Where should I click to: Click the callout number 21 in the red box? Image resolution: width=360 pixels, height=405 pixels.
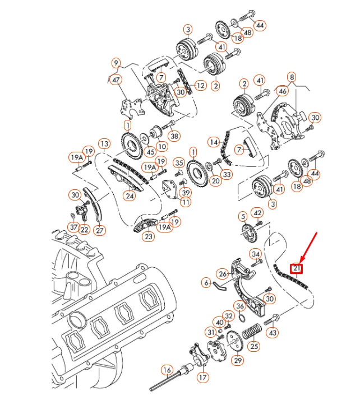point(296,268)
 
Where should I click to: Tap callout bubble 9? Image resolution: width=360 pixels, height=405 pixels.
point(116,63)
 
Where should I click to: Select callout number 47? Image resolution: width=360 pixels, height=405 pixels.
point(116,81)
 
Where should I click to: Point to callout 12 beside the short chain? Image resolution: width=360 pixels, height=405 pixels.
point(201,86)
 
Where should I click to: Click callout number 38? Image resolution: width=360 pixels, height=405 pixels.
point(174,136)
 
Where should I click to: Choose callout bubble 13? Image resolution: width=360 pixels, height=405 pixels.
point(104,144)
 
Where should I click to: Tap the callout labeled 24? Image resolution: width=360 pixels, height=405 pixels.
point(130,196)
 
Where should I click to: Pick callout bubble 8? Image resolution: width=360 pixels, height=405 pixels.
point(292,77)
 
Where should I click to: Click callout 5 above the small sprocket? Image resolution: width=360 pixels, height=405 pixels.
point(243,216)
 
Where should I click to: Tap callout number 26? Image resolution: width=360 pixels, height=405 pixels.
point(223,274)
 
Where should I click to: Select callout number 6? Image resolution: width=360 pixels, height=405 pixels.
point(206,283)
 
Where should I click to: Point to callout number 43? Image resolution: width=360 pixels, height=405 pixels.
point(273,333)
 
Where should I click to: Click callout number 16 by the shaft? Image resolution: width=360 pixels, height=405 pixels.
point(167,370)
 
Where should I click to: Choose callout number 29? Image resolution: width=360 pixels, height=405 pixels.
point(238,360)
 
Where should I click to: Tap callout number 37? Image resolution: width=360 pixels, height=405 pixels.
point(74,227)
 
